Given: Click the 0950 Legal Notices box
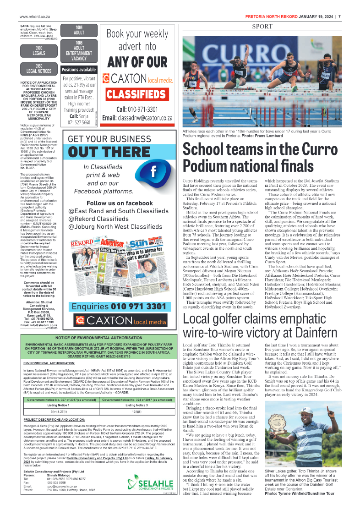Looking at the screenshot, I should coord(38,69).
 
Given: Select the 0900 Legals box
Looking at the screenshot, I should coord(38,51).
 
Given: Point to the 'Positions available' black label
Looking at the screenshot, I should coord(78,70).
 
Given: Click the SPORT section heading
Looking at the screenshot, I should coord(262,27).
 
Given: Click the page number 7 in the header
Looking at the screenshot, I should coord(339,17).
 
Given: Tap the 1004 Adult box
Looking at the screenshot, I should coord(78,30).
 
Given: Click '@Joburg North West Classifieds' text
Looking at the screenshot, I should coord(115,226).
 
